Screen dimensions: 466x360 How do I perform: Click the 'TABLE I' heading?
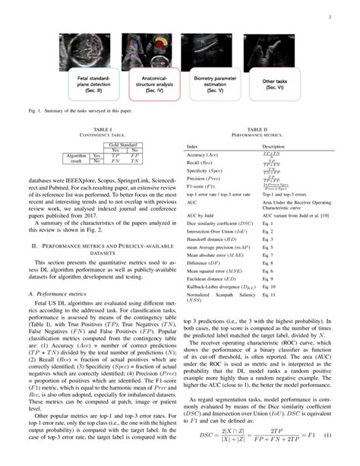(103, 131)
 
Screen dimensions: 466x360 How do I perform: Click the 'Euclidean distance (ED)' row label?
(210, 258)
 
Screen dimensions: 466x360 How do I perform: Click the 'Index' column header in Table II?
(193, 145)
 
